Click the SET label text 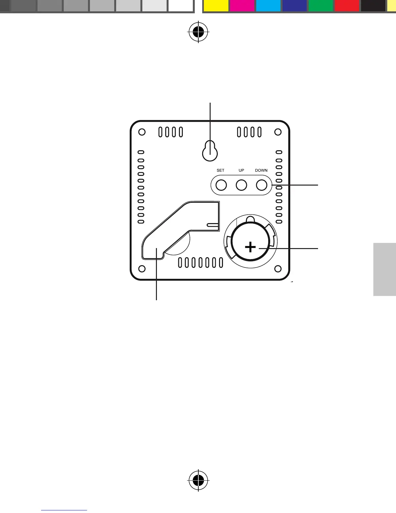pos(220,170)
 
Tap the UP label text pos(241,170)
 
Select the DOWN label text pos(261,170)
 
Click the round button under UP pos(241,185)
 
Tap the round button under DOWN pos(261,185)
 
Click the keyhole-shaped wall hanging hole pos(210,151)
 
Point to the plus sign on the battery pos(250,248)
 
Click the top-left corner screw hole pos(142,132)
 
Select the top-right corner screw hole pos(278,132)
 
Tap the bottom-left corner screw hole pos(142,269)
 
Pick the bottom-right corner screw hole pos(278,269)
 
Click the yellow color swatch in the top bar pos(216,6)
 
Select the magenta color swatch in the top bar pos(242,6)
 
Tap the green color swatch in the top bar pos(321,6)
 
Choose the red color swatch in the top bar pos(347,6)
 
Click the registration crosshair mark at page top pos(198,32)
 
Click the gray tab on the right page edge pos(384,269)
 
